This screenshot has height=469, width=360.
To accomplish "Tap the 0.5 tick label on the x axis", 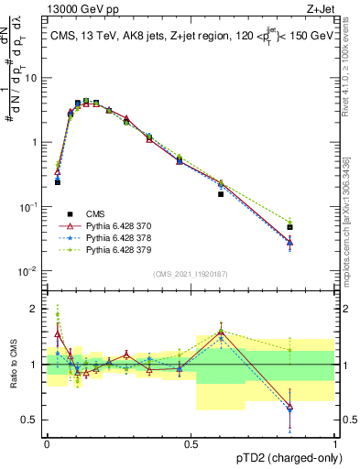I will (x=191, y=443).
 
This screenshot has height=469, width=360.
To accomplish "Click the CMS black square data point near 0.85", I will (x=289, y=227).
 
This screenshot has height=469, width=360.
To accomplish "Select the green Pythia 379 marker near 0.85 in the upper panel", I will (x=289, y=222).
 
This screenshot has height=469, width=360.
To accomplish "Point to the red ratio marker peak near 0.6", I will (x=221, y=332).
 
